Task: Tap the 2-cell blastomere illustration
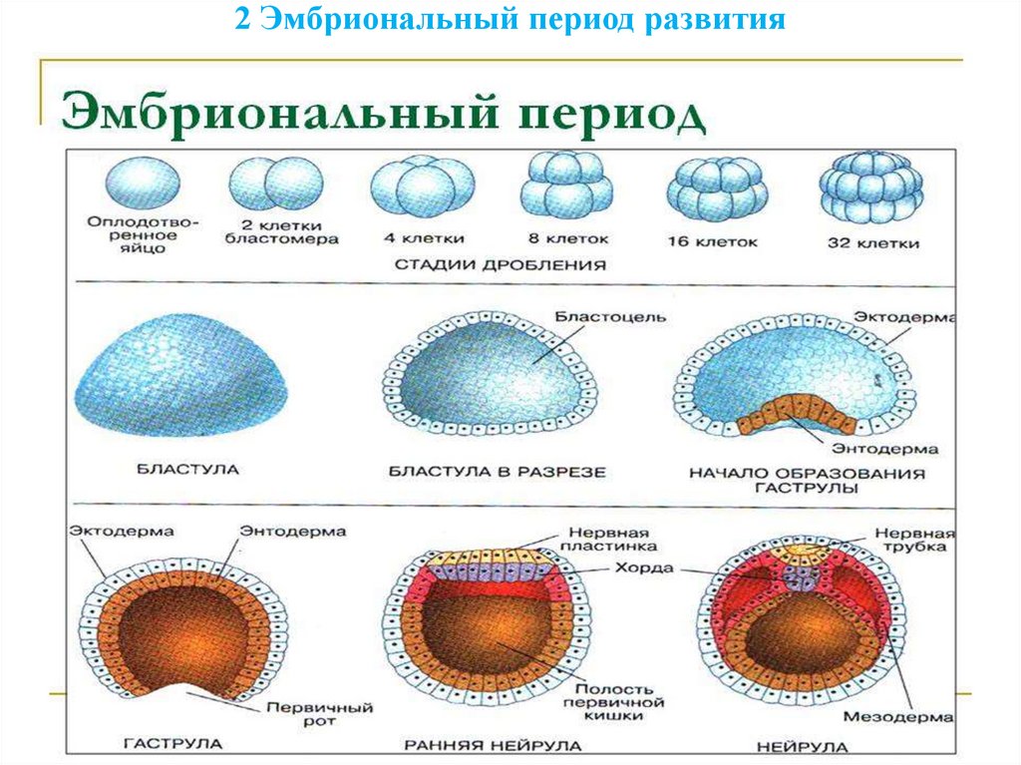(x=275, y=185)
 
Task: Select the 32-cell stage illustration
(x=870, y=189)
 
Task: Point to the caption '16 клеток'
(x=718, y=241)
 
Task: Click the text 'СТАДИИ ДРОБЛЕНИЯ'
(x=500, y=265)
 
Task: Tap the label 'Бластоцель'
(x=610, y=317)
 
